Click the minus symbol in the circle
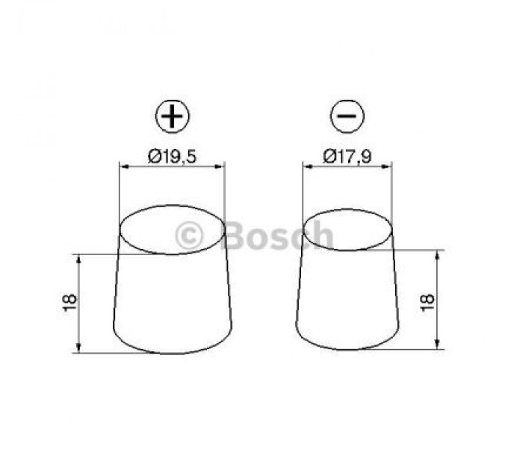pos(347,116)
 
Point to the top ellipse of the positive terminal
pos(173,230)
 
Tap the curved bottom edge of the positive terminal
pos(172,353)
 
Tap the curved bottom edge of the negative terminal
pos(347,348)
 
